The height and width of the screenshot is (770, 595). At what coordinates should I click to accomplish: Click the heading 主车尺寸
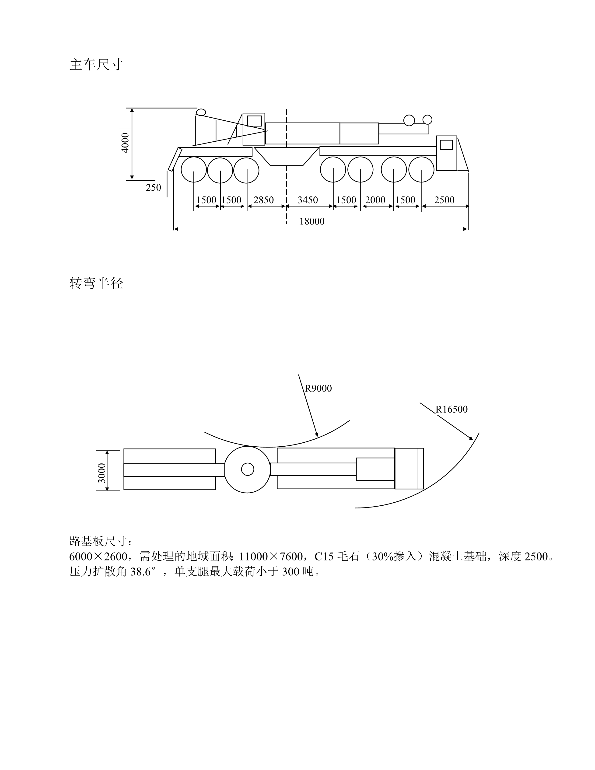point(96,65)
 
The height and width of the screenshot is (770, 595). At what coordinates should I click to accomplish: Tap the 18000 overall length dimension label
point(312,221)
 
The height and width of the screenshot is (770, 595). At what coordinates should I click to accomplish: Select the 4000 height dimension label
point(125,143)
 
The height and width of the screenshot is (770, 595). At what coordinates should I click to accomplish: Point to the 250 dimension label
point(153,188)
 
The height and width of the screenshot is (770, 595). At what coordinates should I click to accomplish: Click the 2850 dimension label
point(264,200)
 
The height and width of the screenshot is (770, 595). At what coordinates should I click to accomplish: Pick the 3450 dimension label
point(308,200)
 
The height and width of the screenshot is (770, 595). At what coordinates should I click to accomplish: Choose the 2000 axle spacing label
point(375,200)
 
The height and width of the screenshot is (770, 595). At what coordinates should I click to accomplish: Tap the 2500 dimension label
point(444,200)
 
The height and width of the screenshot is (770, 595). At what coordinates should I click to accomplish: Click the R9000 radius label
point(318,388)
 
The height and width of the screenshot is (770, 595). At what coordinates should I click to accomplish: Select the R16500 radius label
point(451,409)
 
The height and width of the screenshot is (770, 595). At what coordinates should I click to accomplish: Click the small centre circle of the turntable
point(247,469)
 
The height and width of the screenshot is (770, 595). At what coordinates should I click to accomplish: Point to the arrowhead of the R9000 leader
point(317,434)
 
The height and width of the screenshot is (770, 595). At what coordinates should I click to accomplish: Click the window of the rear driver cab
point(446,145)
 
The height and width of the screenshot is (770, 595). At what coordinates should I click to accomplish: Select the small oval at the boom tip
point(201,112)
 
